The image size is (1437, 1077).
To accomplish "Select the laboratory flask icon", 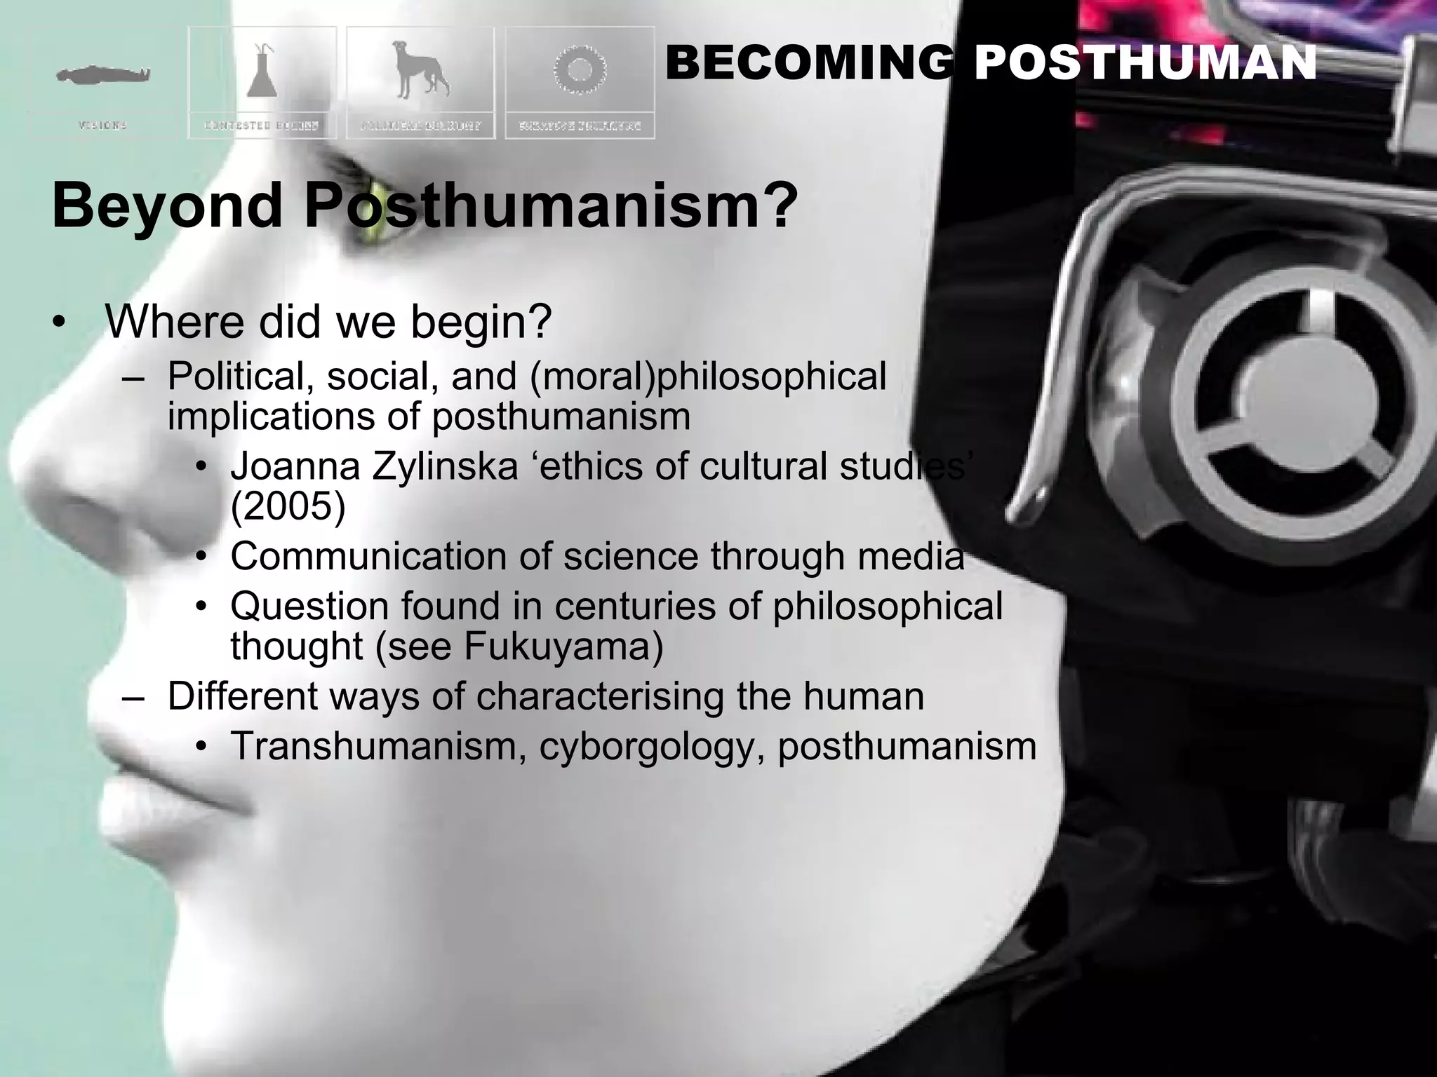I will (262, 70).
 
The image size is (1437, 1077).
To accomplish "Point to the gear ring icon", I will (580, 70).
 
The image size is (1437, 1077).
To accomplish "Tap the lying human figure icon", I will (103, 74).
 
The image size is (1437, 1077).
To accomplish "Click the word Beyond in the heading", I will (166, 205).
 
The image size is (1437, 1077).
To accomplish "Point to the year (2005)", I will (288, 506).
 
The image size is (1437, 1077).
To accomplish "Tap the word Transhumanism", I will (379, 746).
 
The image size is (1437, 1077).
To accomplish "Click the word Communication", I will (368, 556).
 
